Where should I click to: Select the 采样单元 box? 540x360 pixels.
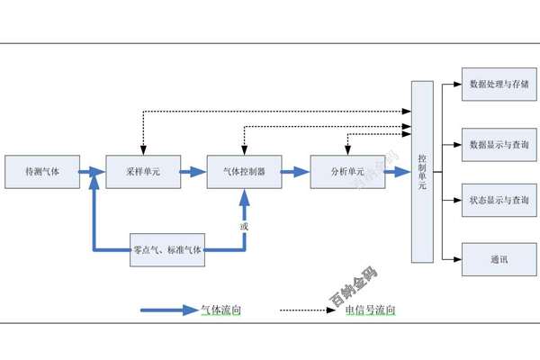[x=143, y=171]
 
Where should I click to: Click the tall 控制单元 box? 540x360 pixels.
[x=423, y=171]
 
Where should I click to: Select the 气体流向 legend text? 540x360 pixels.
[x=220, y=310]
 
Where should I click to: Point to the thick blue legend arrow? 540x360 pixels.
[x=170, y=310]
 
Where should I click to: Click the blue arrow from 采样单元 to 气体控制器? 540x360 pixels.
[x=193, y=171]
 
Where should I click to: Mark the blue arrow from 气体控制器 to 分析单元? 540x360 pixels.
[x=294, y=171]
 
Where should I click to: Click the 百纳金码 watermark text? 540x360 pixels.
[x=353, y=287]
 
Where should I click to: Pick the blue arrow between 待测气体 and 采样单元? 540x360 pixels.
[x=92, y=171]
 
